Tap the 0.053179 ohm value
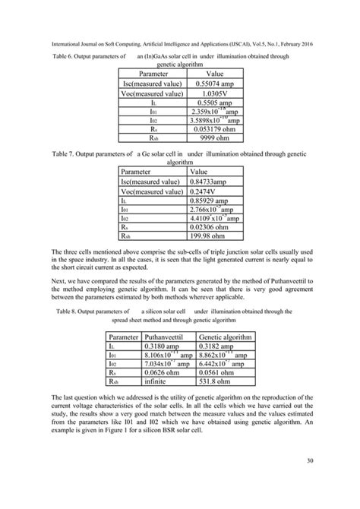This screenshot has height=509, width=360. [x=219, y=129]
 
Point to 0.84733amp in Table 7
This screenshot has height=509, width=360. [x=212, y=183]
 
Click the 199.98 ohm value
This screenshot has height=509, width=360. [x=210, y=237]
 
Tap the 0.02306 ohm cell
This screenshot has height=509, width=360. [x=212, y=226]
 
